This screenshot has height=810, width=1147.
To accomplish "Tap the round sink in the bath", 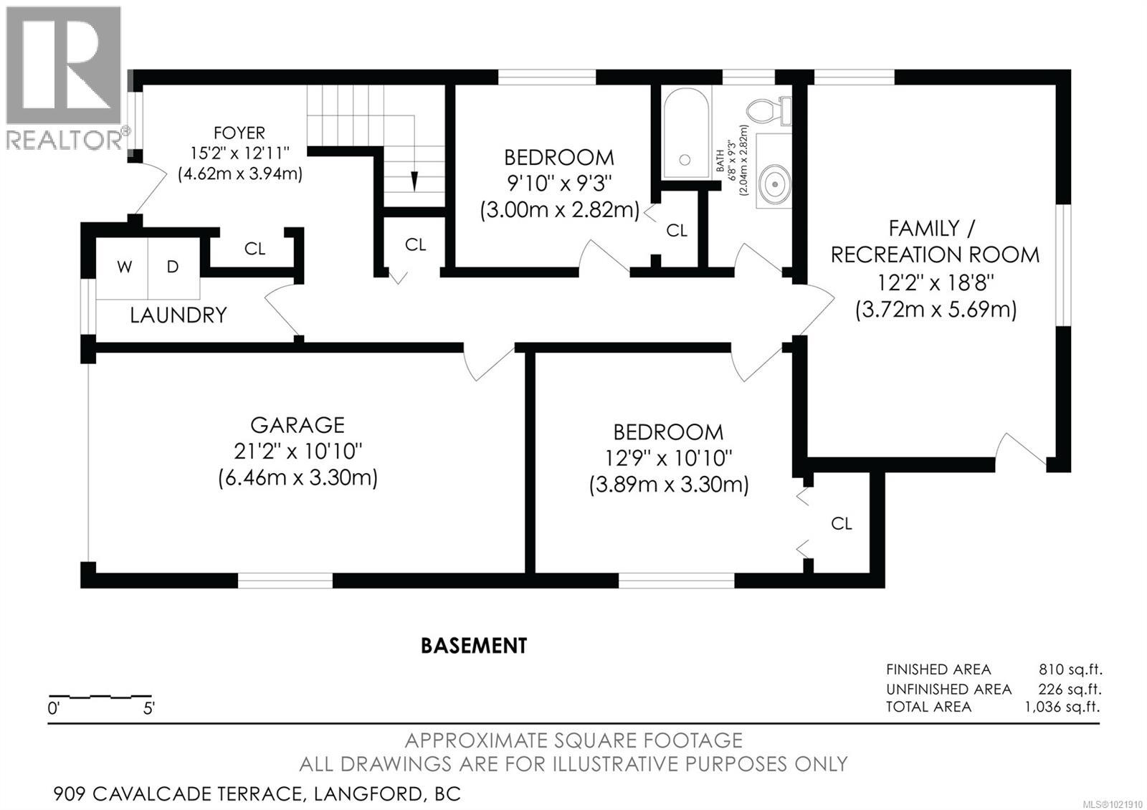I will [774, 183].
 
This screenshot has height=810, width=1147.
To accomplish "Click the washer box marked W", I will [124, 267].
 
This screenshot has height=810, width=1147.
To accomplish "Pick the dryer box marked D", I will [173, 267].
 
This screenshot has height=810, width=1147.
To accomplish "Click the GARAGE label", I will [298, 425].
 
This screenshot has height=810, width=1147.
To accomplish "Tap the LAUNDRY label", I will [178, 315].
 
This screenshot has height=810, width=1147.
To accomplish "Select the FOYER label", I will [239, 133].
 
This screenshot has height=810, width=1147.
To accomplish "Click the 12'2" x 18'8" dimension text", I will [935, 282].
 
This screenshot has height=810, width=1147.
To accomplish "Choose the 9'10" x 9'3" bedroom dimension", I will [559, 184].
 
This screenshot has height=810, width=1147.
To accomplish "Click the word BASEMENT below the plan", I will [474, 646].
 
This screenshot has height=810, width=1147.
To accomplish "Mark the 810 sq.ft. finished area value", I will [1070, 670].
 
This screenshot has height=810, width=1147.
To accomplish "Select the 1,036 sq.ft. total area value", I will [1062, 707].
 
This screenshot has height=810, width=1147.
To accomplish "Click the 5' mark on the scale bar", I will [149, 709].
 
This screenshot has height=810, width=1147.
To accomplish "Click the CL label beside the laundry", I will [254, 249].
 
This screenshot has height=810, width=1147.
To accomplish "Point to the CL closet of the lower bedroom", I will [842, 524].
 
